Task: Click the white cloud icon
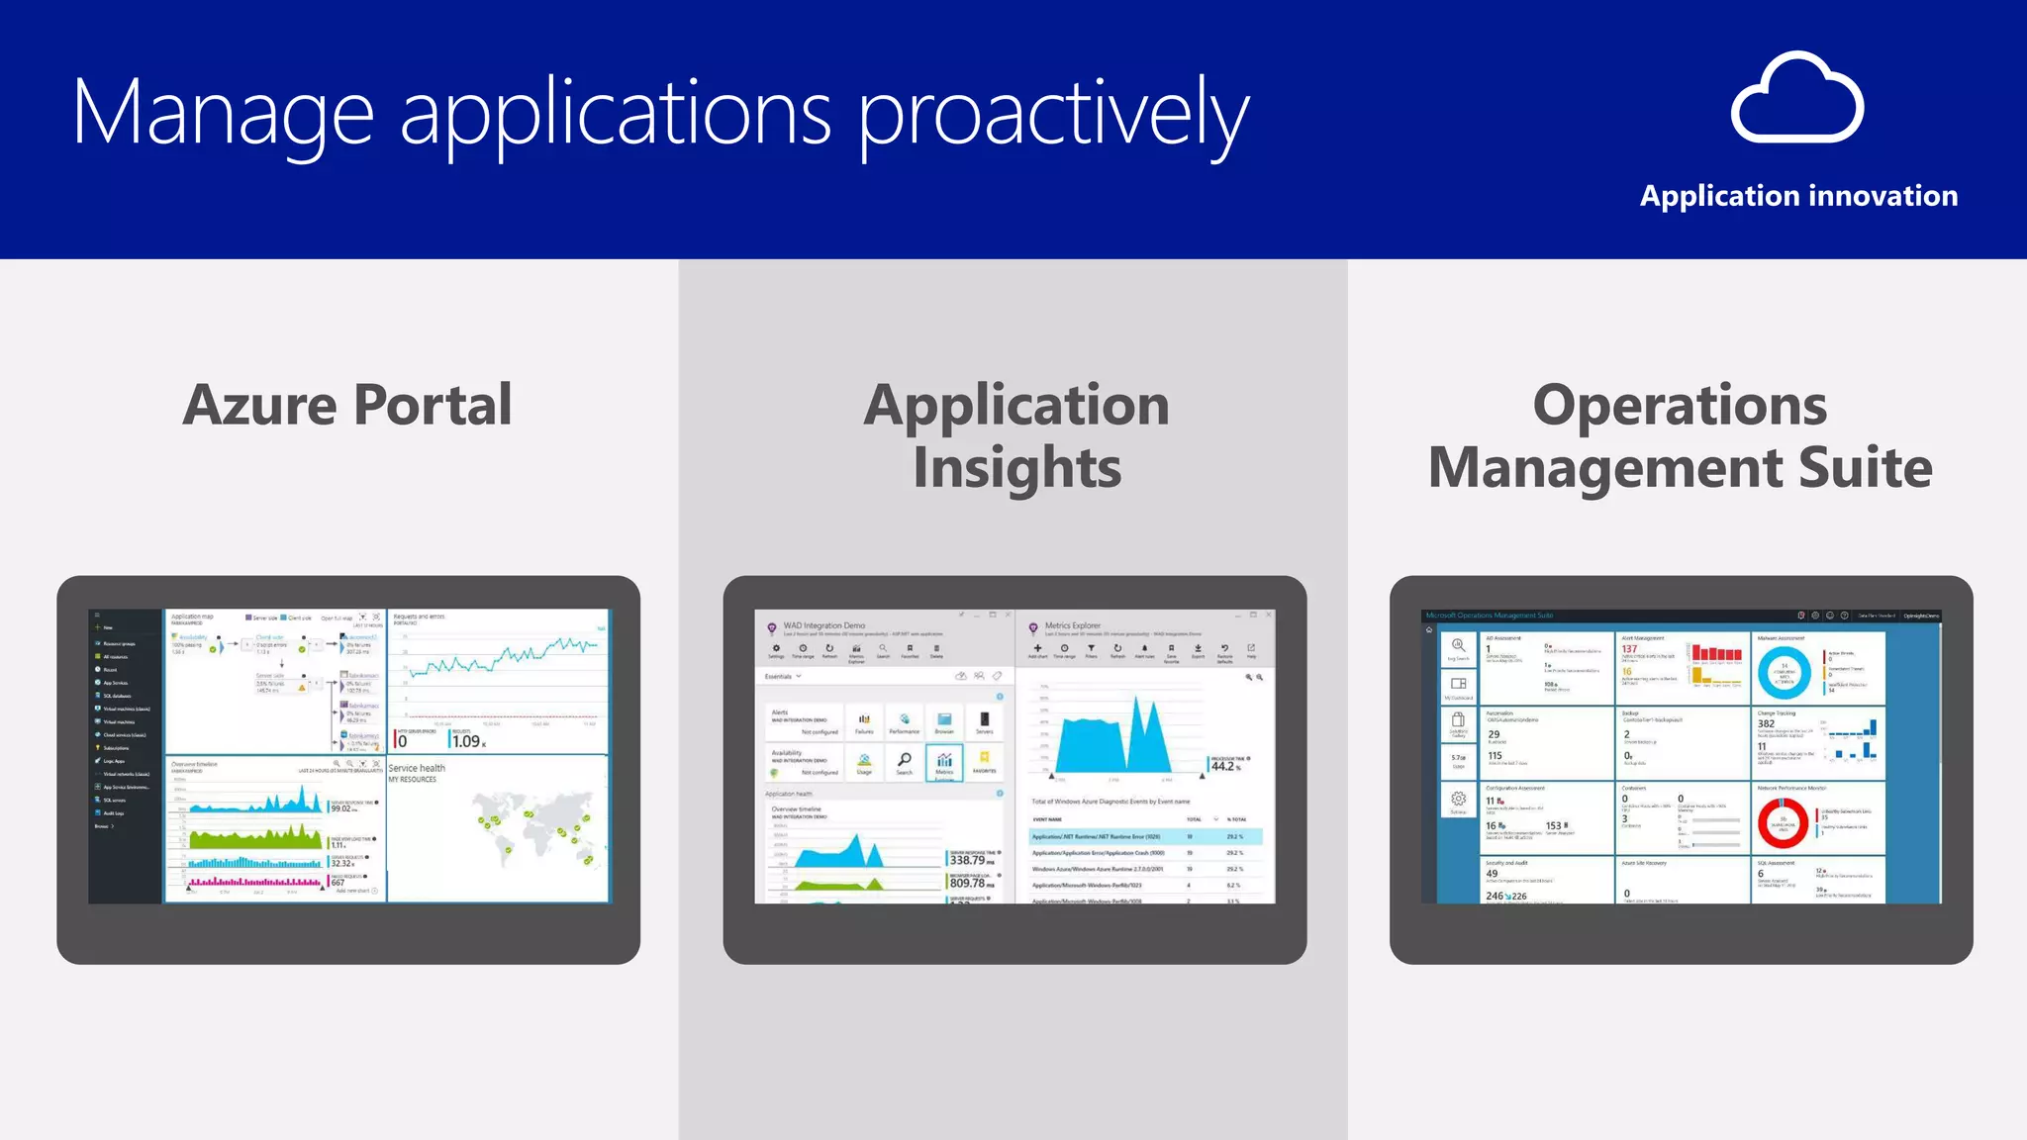click(1797, 99)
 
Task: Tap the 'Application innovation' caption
click(1798, 196)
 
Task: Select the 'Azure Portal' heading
click(347, 405)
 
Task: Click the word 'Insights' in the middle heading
click(1016, 467)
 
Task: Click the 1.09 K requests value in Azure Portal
click(466, 741)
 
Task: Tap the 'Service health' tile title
click(417, 768)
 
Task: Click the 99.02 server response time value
click(341, 808)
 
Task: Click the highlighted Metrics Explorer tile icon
click(944, 762)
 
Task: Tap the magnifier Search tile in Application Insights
click(904, 762)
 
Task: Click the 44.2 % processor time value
click(1223, 766)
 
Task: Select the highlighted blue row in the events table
click(1145, 837)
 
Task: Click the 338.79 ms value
click(969, 860)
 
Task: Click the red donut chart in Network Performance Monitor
click(1783, 822)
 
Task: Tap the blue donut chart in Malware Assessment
click(1784, 672)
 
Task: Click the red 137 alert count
click(1629, 649)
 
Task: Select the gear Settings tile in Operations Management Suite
click(1458, 800)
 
